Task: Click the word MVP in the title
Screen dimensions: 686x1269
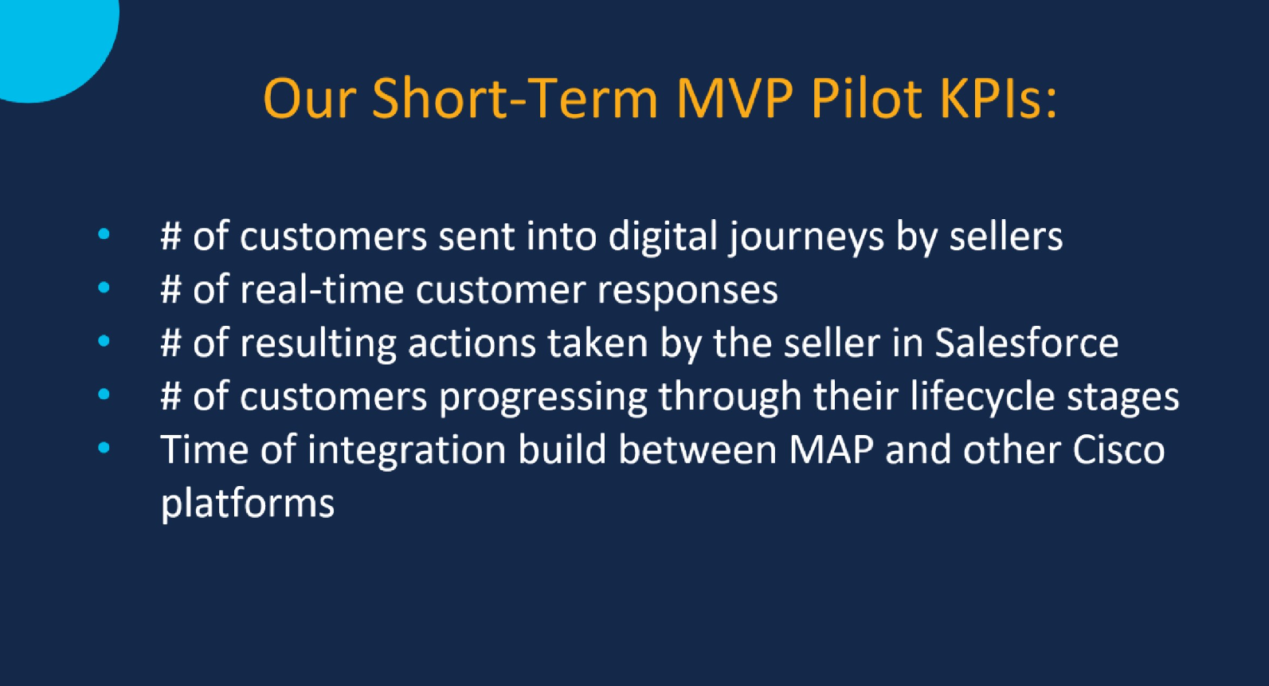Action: click(x=734, y=99)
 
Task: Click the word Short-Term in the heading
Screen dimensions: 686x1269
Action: click(x=515, y=99)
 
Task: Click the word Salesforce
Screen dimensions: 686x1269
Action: click(x=1026, y=343)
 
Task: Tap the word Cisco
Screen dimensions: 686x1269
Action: click(x=1118, y=450)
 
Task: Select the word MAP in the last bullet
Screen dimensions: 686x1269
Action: click(x=831, y=450)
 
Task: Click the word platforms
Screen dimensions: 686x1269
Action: click(x=248, y=504)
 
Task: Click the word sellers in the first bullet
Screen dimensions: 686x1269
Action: click(x=1005, y=237)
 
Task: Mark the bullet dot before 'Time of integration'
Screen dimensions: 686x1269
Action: click(x=104, y=448)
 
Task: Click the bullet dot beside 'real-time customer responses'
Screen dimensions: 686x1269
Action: click(x=104, y=288)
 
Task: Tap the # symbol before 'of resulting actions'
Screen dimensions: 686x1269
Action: click(x=170, y=343)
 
